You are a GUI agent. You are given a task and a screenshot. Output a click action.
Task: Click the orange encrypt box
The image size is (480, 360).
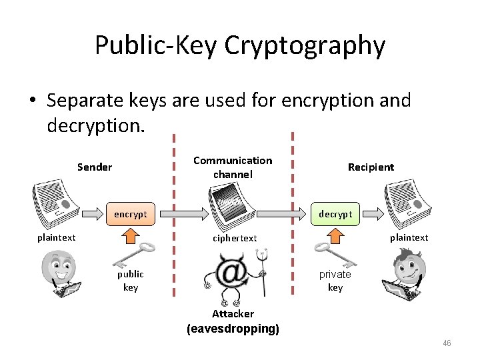click(x=131, y=214)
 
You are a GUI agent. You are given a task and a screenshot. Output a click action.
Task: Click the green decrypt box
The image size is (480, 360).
click(x=335, y=214)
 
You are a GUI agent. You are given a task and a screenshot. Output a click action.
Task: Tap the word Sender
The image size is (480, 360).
click(x=95, y=167)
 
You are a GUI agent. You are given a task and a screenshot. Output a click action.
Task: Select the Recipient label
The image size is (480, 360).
click(x=371, y=167)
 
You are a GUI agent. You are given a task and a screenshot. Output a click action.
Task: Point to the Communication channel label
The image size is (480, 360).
click(x=233, y=167)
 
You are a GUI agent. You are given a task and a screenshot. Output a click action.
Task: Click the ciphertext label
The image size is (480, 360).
click(x=235, y=238)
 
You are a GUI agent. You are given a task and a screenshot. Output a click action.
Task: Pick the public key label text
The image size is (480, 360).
click(x=131, y=281)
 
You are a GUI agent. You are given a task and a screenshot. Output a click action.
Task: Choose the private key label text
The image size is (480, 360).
click(x=335, y=281)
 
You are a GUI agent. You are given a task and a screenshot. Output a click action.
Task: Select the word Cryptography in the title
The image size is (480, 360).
click(x=305, y=45)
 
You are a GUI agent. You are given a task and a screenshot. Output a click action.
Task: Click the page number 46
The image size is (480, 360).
click(x=447, y=343)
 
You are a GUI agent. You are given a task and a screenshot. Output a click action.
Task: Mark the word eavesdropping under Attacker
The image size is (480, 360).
click(x=233, y=329)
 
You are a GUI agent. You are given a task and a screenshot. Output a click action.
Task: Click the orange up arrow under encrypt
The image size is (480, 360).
click(x=131, y=233)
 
